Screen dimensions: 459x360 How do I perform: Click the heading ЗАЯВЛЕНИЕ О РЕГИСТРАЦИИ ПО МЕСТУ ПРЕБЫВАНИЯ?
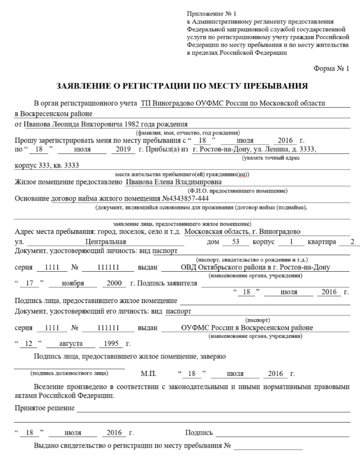coord(182,86)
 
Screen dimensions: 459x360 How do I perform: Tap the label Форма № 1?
coord(331,69)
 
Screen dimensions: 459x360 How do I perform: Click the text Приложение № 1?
coord(209,13)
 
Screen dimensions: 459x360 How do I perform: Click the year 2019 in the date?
coord(123,149)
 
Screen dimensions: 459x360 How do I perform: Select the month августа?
coord(70,344)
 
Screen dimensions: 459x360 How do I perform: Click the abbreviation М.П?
coord(148,373)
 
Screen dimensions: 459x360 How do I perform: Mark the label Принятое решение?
coord(45,408)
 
